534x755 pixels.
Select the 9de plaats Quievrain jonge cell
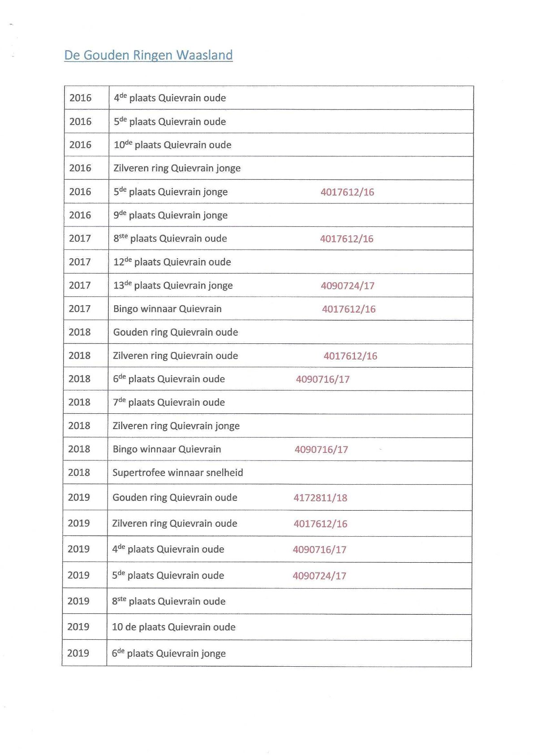[170, 215]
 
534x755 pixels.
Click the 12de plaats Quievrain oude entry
[172, 262]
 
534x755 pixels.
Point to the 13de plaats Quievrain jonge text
[173, 285]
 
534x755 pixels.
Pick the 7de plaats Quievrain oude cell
[168, 402]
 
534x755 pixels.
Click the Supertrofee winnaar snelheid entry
[177, 473]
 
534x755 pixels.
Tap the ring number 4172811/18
[320, 498]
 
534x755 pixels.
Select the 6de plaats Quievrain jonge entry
[168, 653]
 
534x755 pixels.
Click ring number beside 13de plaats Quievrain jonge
[348, 286]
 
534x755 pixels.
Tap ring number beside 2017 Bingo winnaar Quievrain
[349, 309]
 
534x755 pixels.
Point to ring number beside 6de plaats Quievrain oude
[323, 379]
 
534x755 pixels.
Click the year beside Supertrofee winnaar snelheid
[79, 473]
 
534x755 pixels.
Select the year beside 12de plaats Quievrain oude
[80, 262]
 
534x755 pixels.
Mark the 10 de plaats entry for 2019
[173, 627]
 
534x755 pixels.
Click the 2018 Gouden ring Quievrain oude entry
[175, 332]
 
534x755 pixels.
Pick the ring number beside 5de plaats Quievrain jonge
[347, 192]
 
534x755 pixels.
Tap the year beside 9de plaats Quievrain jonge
[80, 215]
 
